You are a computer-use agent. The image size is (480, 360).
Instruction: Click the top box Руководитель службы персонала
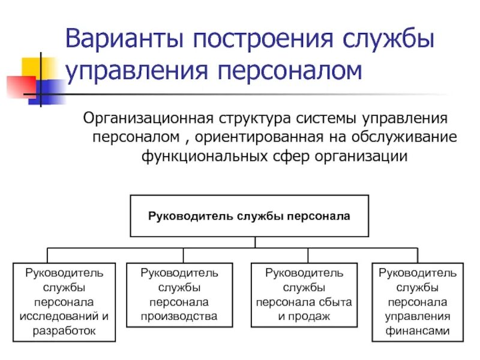point(249,215)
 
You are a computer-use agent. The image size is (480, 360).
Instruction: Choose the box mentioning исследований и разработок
point(64,302)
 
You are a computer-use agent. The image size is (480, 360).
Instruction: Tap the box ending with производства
point(179,295)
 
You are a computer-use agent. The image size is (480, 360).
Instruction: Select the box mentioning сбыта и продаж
point(304,295)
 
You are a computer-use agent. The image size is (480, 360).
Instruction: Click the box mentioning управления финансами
point(418,302)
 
